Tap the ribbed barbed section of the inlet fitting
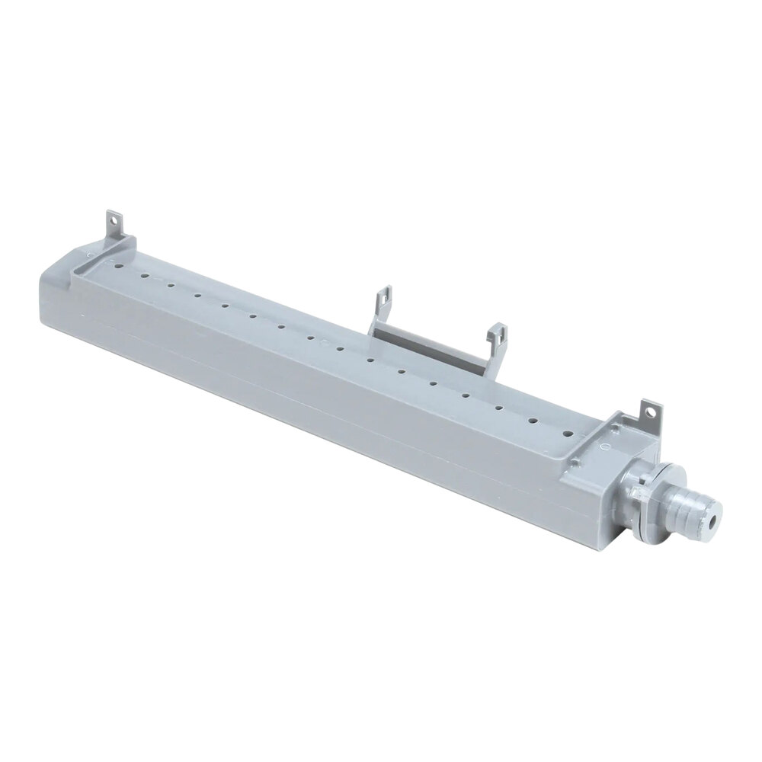pos(690,511)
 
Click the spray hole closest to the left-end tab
pos(119,268)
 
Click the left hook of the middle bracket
pos(383,299)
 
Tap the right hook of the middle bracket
pos(498,336)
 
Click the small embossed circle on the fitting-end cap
pos(606,440)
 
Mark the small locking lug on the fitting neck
pos(634,496)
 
